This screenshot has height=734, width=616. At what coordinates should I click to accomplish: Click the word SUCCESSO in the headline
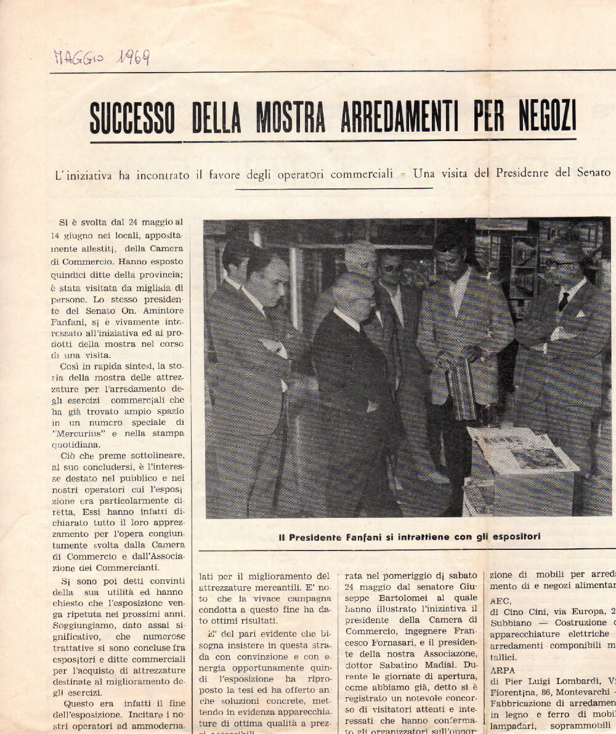point(132,117)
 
